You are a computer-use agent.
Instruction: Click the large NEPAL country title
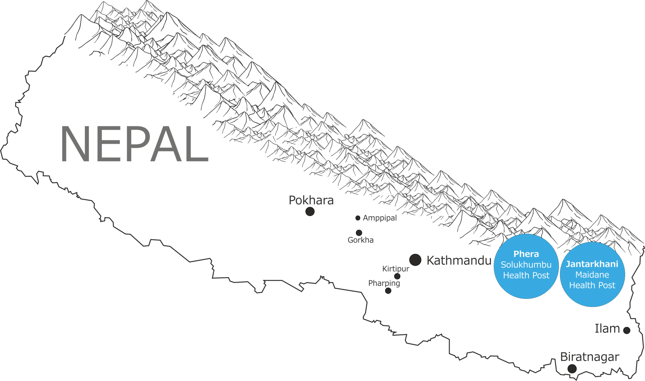point(135,144)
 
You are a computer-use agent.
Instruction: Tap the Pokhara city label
point(311,200)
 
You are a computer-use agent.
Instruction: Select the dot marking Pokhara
point(310,211)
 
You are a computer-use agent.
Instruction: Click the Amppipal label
point(380,218)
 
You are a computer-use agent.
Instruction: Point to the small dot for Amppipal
point(358,218)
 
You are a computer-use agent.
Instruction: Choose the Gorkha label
point(361,240)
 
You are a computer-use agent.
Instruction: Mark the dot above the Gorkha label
point(359,233)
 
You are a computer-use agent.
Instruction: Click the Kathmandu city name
point(459,260)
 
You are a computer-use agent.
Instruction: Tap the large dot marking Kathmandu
point(415,260)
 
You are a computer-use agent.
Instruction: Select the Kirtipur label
point(396,269)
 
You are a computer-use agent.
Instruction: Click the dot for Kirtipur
point(397,276)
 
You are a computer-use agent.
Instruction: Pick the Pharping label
point(384,283)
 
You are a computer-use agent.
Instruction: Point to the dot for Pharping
point(388,291)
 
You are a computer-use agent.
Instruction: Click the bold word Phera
point(526,254)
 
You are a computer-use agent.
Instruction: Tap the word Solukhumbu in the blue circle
point(526,264)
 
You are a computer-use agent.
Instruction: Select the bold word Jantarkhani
point(592,264)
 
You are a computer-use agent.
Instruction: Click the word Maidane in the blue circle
point(592,275)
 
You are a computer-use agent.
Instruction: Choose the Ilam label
point(607,328)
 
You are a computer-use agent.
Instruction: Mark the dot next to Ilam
point(627,330)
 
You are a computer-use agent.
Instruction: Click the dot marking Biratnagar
point(572,368)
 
